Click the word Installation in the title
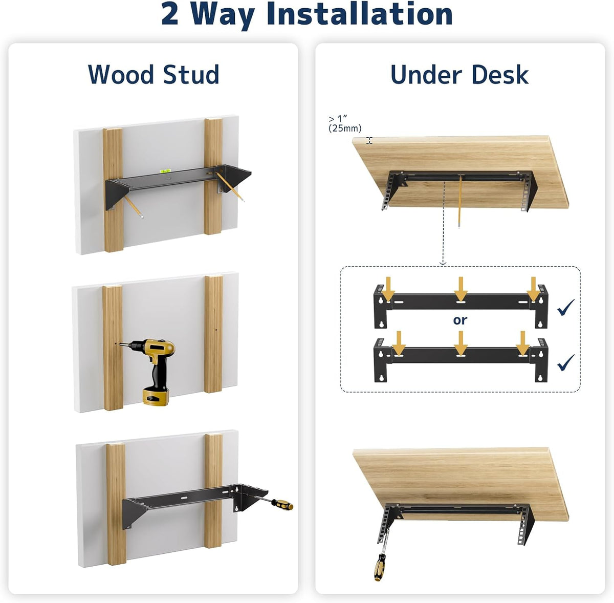pyautogui.click(x=359, y=14)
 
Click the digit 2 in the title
pyautogui.click(x=170, y=14)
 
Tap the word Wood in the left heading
pyautogui.click(x=120, y=75)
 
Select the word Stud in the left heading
pyautogui.click(x=191, y=75)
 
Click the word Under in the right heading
pyautogui.click(x=426, y=75)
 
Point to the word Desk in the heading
pyautogui.click(x=500, y=75)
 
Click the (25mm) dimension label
pyautogui.click(x=345, y=128)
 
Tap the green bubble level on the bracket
pyautogui.click(x=165, y=171)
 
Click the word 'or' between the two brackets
pyautogui.click(x=460, y=320)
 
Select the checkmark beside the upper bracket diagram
pyautogui.click(x=565, y=308)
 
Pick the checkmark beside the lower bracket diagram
pyautogui.click(x=565, y=362)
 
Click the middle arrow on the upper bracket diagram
pyautogui.click(x=461, y=289)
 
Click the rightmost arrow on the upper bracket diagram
pyautogui.click(x=533, y=289)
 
